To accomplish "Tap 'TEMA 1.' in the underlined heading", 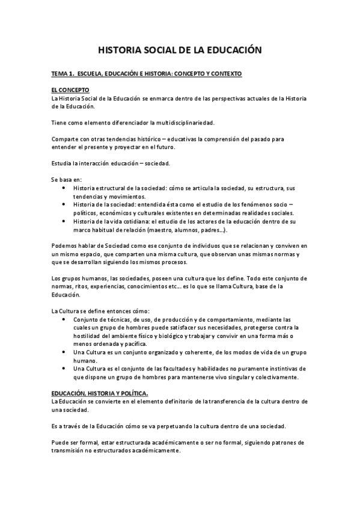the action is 63,73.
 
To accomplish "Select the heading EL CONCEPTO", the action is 69,90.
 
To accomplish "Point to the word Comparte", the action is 66,140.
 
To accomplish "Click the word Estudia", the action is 62,164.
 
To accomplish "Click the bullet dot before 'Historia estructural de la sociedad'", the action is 64,188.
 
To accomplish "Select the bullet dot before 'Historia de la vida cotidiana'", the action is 64,222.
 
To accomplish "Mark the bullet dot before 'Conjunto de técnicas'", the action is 64,319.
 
